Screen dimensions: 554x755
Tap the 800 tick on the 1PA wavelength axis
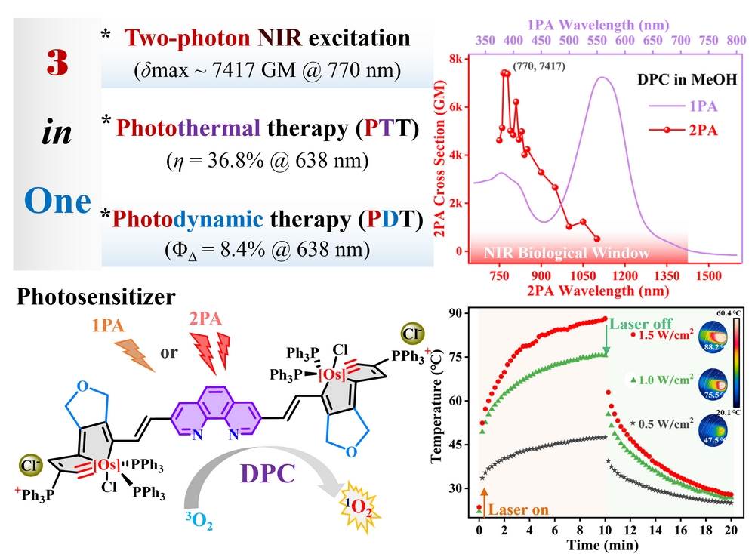[735, 38]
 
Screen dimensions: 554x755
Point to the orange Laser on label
[518, 509]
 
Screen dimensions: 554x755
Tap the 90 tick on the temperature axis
[458, 313]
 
